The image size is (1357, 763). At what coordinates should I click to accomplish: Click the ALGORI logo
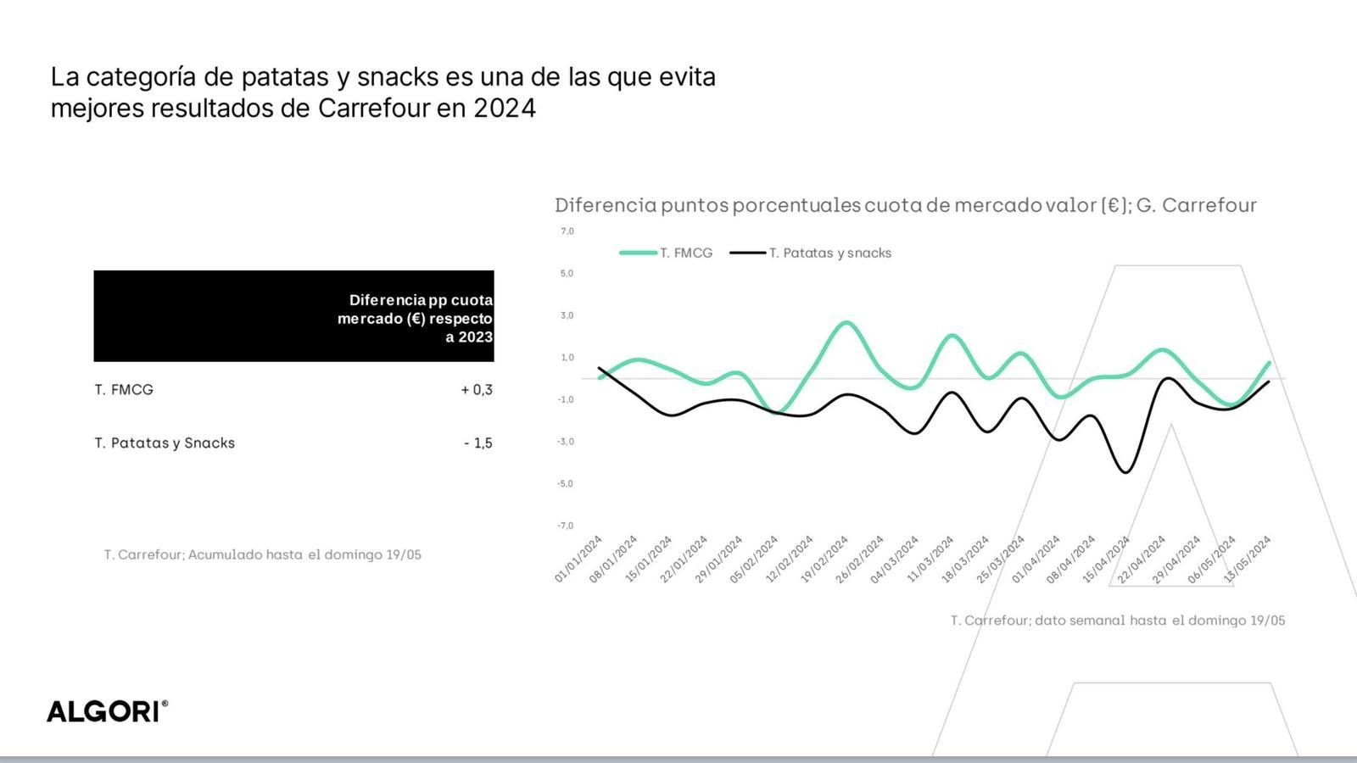[107, 711]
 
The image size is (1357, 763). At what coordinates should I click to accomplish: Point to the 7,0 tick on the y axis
[567, 231]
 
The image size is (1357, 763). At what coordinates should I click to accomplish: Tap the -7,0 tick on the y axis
[565, 526]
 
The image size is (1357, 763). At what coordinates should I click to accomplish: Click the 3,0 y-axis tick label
[567, 315]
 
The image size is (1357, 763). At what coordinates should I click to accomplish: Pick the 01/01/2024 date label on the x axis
[578, 560]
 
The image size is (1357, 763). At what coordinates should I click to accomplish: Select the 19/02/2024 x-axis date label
[824, 560]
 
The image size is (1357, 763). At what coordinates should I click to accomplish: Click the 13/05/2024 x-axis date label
[1248, 560]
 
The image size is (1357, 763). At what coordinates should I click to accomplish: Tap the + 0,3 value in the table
[477, 390]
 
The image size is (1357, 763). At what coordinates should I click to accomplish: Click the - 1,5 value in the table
[478, 443]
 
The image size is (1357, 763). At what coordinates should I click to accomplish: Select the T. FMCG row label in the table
[124, 390]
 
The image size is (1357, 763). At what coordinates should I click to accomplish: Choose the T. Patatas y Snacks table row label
[165, 443]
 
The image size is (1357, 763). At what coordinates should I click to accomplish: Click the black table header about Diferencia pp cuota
[293, 316]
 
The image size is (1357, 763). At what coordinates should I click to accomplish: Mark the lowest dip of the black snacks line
[1125, 472]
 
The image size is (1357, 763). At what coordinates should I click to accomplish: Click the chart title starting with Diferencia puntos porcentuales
[905, 205]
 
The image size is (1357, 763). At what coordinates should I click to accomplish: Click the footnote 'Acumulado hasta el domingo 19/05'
[262, 554]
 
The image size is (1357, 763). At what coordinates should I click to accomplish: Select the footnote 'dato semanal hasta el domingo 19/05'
[1117, 621]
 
